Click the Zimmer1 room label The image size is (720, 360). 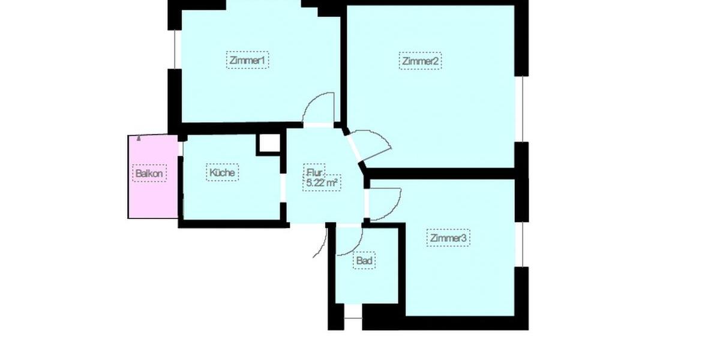(247, 61)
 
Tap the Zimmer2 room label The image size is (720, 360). (421, 61)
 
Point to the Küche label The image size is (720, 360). (223, 172)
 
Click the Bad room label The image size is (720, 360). (365, 261)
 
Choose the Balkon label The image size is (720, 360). (149, 174)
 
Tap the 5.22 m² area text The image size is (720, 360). (322, 184)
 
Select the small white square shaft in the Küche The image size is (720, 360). (268, 143)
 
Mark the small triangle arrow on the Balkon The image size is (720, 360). (139, 137)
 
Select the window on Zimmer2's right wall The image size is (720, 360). (523, 109)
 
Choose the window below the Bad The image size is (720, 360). (353, 313)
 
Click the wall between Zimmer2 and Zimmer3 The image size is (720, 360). (441, 173)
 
